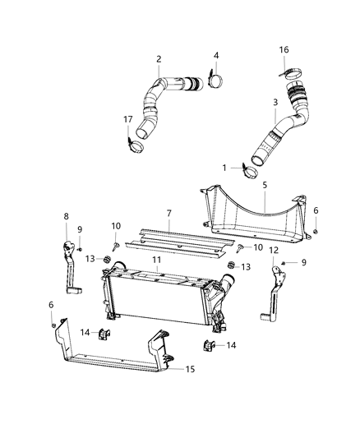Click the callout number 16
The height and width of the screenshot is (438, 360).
pos(284,50)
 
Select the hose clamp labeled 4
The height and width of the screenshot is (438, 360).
pos(215,80)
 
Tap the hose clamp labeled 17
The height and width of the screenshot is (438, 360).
pos(135,145)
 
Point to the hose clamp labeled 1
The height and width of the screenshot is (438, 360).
pos(250,172)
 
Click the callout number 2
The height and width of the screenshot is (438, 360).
pos(159,59)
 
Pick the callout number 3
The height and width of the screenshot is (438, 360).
pos(275,102)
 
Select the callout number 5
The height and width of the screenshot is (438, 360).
pos(265,185)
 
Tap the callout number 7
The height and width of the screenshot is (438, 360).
pos(169,213)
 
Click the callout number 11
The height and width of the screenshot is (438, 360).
pos(157,260)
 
